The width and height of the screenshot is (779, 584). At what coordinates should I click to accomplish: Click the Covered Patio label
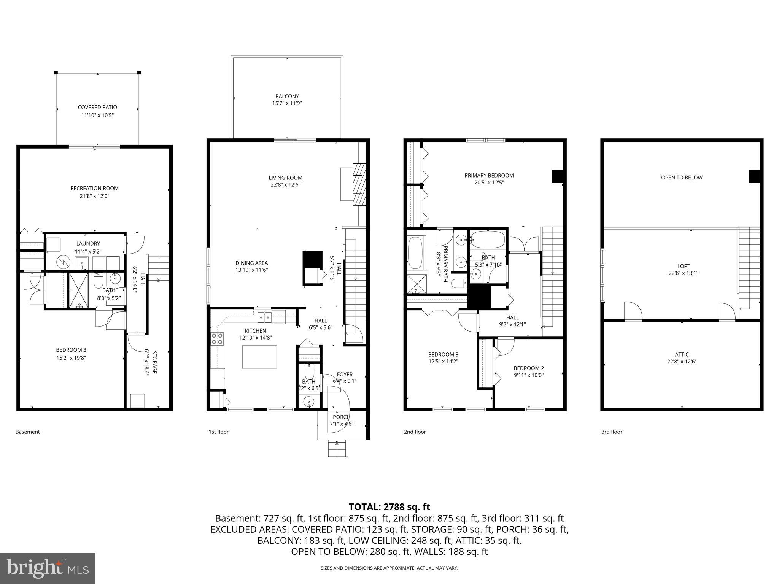(97, 107)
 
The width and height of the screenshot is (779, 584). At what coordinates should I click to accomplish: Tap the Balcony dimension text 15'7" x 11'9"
(287, 103)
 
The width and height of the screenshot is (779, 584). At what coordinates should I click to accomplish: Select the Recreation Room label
(94, 188)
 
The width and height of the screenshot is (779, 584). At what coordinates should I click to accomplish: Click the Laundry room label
(88, 244)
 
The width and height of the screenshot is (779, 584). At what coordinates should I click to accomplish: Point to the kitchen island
(260, 357)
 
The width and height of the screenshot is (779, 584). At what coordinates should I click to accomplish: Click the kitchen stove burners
(217, 338)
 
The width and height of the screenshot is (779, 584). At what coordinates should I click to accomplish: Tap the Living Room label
(286, 178)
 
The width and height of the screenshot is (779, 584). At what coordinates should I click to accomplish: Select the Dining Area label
(251, 263)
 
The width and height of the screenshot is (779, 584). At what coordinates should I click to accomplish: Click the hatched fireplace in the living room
(359, 184)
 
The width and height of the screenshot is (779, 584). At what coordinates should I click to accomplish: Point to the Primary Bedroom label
(489, 175)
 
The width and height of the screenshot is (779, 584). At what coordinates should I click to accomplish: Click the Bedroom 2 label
(529, 368)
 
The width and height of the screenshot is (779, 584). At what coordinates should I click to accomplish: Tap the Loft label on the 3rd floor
(683, 266)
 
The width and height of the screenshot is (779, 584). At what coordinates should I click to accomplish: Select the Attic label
(682, 355)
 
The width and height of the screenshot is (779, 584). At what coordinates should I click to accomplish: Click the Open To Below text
(682, 178)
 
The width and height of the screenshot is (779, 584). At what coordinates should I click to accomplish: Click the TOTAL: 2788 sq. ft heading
(389, 507)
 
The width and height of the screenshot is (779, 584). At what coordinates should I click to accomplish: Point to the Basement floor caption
(28, 432)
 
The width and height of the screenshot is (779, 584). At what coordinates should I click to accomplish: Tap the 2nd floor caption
(415, 432)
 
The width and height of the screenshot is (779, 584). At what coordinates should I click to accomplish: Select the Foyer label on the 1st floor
(345, 375)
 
